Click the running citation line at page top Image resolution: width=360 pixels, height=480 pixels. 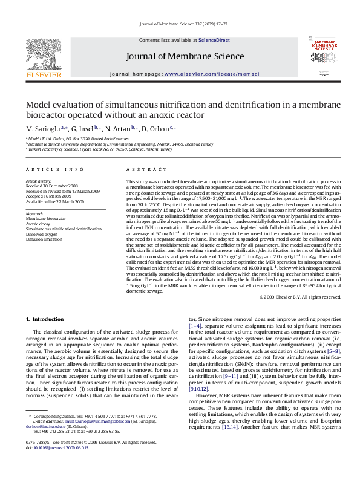click(x=180, y=25)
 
